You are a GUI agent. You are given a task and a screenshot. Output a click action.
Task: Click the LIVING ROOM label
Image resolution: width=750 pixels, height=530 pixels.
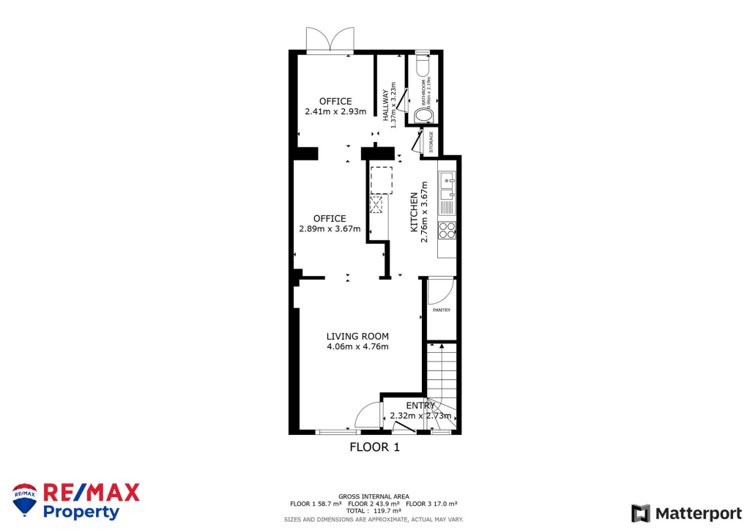[x=357, y=337]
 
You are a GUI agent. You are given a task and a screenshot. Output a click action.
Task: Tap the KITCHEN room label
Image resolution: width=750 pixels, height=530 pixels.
[x=414, y=209]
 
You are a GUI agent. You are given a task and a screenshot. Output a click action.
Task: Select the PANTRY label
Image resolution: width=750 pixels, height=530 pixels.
[x=442, y=310]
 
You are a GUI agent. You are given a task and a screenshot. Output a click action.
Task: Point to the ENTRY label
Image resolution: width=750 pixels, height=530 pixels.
[x=420, y=406]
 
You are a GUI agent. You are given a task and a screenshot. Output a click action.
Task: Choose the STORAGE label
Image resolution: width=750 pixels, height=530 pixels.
[x=431, y=142]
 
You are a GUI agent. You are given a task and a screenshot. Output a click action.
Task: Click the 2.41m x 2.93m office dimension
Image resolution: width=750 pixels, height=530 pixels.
[x=335, y=112]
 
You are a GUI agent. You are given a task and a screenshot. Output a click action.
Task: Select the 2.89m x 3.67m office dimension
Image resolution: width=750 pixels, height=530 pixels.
[x=330, y=228]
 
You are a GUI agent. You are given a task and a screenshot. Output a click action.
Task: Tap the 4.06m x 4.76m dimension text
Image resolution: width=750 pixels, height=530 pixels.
[x=357, y=347]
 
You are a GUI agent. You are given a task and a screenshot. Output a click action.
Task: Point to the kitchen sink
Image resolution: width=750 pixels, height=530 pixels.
[x=447, y=187]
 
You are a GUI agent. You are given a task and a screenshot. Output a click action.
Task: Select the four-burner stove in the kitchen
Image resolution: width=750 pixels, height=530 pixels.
[x=447, y=231]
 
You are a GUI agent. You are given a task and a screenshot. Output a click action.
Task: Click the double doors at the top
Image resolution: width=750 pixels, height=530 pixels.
[x=330, y=40]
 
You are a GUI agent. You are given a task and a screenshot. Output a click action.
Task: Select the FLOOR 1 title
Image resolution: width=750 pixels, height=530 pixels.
[x=374, y=447]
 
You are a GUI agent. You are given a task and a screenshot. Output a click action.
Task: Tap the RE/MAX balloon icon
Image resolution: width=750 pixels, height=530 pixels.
[x=25, y=499]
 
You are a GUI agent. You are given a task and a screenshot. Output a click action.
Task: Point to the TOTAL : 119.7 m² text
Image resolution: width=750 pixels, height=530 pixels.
[x=374, y=511]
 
